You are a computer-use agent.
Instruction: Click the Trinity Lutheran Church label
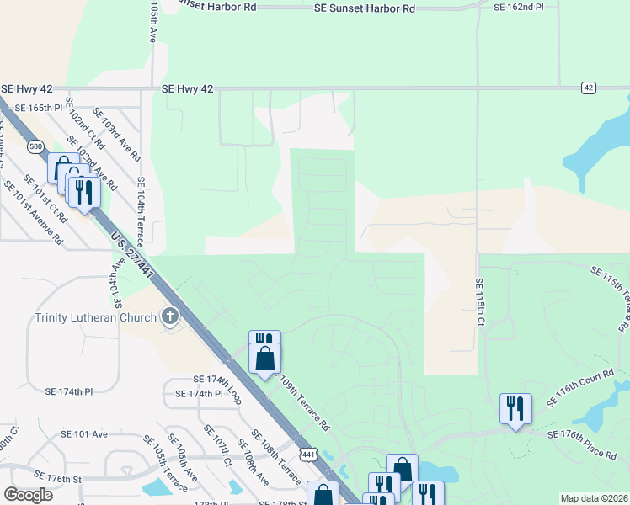coord(95,317)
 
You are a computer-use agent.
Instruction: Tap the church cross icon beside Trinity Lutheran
coord(169,317)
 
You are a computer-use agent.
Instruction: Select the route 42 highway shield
coord(588,88)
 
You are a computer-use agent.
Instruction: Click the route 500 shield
coord(35,146)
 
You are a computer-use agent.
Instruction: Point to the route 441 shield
coord(309,454)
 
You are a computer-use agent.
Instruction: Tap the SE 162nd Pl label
coord(519,7)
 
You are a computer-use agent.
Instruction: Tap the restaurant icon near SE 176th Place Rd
coord(514,408)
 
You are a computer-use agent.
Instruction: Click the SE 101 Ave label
coord(84,434)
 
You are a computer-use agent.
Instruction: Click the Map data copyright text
coord(594,498)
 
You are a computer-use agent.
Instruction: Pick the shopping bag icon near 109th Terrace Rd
coord(264,358)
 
